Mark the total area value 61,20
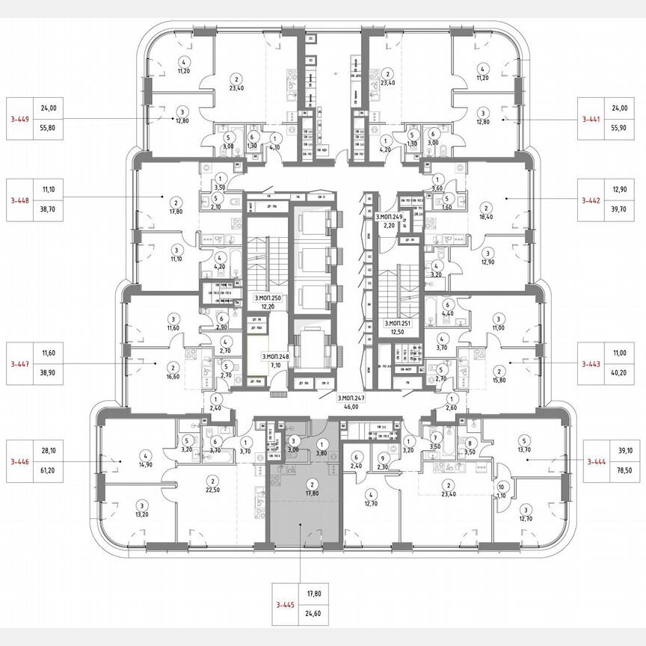(x=49, y=473)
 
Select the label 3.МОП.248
(x=274, y=357)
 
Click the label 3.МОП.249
(x=389, y=216)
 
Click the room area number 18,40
(x=486, y=217)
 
